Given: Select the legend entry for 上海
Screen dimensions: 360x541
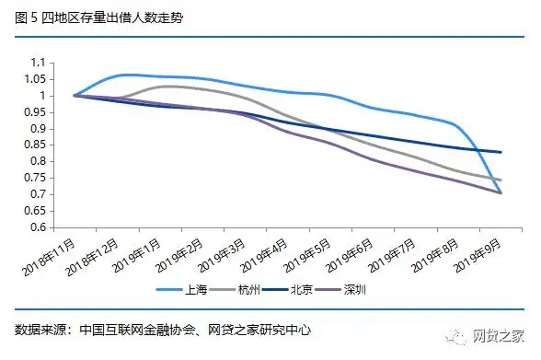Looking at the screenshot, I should (193, 290).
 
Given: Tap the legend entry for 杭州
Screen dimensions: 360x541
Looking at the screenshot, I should (251, 290).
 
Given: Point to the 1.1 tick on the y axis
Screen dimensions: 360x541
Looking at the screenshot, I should (37, 63).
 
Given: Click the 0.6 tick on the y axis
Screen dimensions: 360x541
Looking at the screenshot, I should (37, 227).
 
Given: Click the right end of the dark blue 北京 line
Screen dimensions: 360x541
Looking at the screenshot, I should (501, 152).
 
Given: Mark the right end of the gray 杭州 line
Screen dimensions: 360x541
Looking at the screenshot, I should (501, 180).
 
